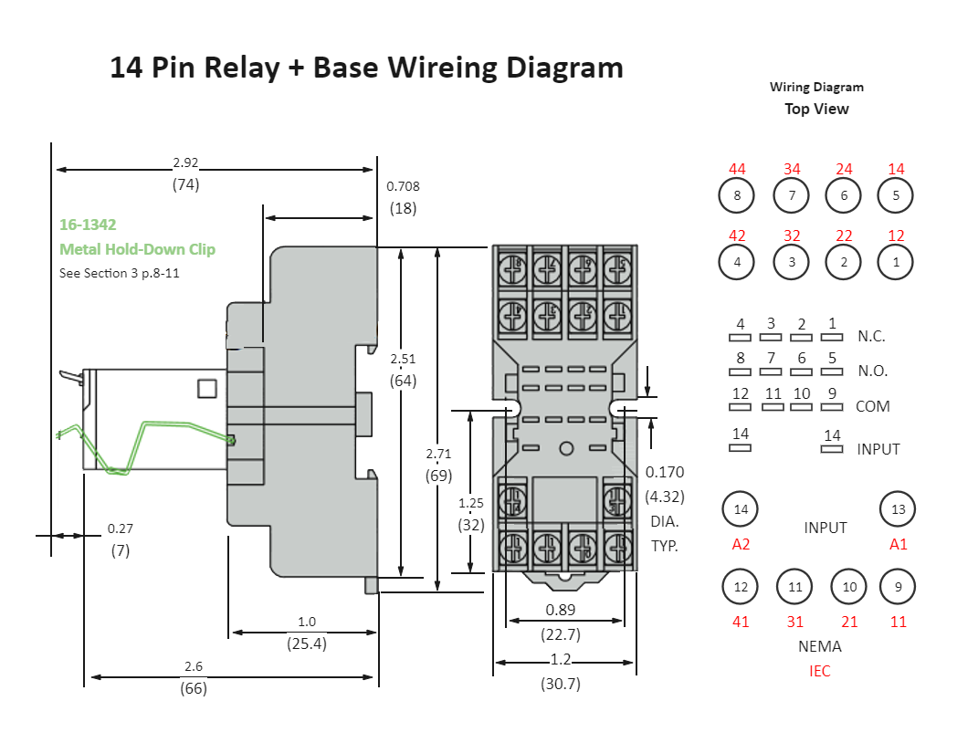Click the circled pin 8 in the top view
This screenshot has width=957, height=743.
737,195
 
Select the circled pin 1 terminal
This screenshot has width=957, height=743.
896,263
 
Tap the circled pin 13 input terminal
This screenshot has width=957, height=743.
898,509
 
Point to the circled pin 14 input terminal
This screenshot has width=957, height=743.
741,509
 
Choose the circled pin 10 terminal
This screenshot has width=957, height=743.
849,587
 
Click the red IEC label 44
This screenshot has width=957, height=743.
737,169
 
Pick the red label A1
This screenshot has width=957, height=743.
899,544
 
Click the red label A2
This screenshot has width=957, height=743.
741,544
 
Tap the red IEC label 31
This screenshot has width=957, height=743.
795,622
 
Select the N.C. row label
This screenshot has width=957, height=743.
871,336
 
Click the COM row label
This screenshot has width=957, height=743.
872,406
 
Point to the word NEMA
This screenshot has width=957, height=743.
819,646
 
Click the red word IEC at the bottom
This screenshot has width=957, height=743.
819,671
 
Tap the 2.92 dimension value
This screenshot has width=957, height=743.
185,163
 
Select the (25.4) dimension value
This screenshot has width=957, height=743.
307,643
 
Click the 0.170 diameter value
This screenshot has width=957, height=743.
664,472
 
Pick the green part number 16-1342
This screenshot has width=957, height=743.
88,225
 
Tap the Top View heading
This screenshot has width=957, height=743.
816,109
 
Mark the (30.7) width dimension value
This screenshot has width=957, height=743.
560,683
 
